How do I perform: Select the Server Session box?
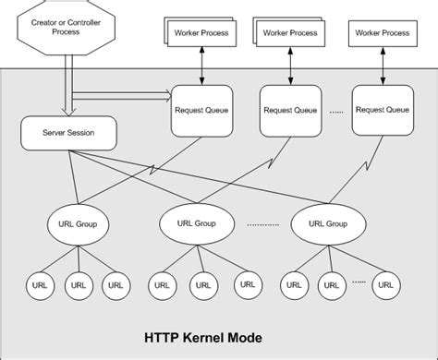(x=66, y=133)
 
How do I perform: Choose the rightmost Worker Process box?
(x=380, y=33)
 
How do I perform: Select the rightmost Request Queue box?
(x=382, y=109)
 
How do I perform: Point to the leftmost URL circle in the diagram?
(x=37, y=285)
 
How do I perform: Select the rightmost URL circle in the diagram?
(x=386, y=285)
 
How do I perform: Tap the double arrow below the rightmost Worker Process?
(x=380, y=66)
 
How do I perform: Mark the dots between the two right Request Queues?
(x=335, y=110)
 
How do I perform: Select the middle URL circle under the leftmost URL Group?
(x=75, y=285)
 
